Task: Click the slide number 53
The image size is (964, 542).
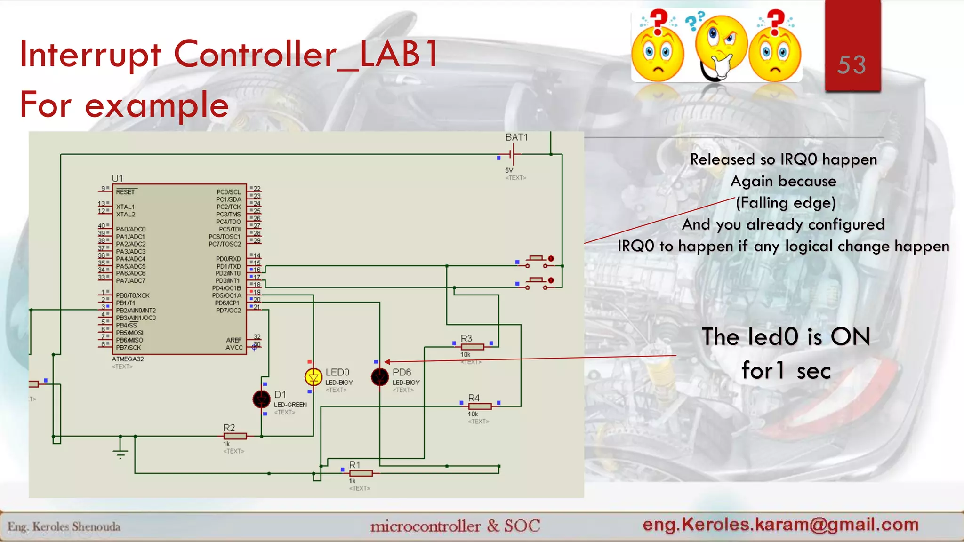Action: (x=852, y=65)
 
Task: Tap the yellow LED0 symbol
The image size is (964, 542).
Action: (x=313, y=377)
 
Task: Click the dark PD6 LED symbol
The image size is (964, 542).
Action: (x=379, y=377)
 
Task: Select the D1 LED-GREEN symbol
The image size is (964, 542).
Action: (x=261, y=399)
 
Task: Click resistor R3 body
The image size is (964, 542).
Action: (x=472, y=347)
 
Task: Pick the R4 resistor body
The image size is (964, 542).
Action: (x=480, y=406)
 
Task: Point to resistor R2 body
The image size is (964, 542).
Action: (x=235, y=436)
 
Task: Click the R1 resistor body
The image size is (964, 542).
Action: (x=361, y=473)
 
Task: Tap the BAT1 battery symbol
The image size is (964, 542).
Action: (x=514, y=154)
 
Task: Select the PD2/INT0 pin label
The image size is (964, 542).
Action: (x=228, y=273)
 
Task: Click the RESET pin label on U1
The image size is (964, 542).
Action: (x=125, y=192)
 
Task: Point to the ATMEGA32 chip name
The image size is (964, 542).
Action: (x=128, y=359)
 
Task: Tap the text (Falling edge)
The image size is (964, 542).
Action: (x=786, y=203)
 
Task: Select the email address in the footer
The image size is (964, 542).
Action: (x=780, y=524)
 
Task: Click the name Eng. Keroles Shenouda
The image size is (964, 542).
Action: (x=64, y=526)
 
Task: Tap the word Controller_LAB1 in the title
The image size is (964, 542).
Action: (x=306, y=54)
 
